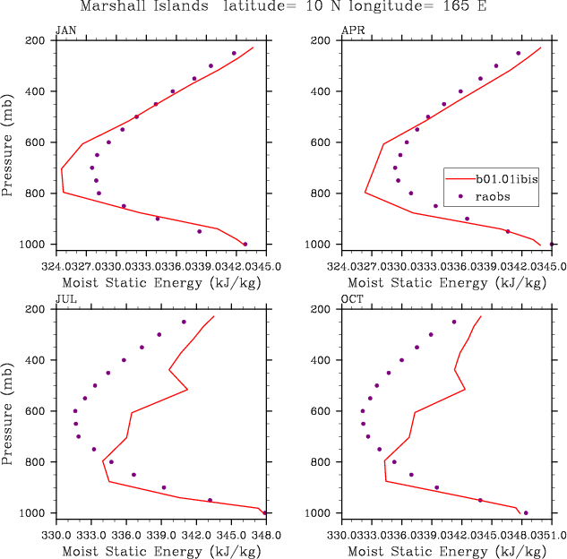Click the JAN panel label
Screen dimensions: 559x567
click(x=65, y=30)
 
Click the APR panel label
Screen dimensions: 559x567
click(x=353, y=30)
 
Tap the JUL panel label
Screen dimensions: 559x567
click(x=65, y=298)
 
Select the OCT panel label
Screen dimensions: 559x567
click(x=353, y=298)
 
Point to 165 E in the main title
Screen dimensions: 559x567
click(x=467, y=7)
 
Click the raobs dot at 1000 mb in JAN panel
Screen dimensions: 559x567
click(x=245, y=244)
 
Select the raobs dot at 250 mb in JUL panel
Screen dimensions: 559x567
click(x=184, y=322)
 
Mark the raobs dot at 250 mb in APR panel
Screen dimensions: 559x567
click(x=518, y=54)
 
